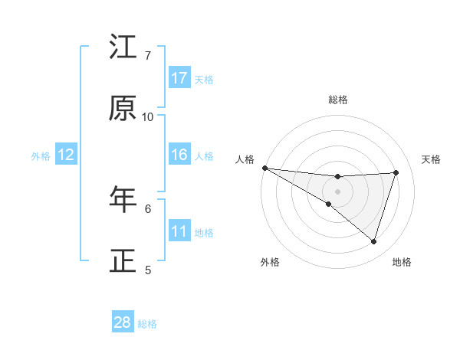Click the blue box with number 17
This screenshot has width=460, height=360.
(179, 78)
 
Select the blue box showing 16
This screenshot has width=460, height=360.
(179, 155)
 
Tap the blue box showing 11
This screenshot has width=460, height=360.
(179, 231)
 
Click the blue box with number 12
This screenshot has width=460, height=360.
(66, 155)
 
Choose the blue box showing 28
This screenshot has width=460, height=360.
(123, 322)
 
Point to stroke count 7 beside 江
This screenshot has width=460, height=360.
(148, 54)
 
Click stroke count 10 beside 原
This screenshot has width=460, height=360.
(148, 116)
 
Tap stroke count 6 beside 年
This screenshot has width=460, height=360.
(148, 208)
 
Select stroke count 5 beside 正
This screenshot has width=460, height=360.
(148, 270)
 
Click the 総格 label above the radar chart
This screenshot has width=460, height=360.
(338, 100)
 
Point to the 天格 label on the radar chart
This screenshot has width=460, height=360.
(432, 159)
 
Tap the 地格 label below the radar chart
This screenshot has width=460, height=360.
(402, 262)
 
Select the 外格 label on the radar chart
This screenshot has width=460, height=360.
(270, 262)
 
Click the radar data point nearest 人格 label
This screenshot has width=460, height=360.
(264, 168)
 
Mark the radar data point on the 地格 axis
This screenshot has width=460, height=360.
(373, 241)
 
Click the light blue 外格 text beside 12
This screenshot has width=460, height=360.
(41, 156)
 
